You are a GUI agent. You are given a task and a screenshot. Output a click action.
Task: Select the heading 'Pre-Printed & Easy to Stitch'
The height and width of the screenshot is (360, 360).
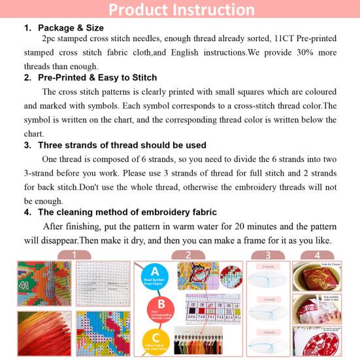(97, 78)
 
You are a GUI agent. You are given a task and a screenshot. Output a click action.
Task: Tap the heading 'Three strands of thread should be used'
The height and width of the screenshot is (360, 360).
(122, 145)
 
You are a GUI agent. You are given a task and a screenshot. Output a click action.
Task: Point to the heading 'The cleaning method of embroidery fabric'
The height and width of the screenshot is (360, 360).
(127, 212)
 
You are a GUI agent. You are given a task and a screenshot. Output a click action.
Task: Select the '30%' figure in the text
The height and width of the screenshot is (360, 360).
(293, 53)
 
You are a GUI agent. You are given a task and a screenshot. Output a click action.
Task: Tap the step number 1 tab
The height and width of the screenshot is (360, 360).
(74, 255)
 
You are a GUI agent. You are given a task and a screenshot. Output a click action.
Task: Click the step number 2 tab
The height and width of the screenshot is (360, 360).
(188, 255)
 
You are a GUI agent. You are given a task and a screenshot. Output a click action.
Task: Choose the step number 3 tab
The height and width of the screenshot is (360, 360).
(268, 255)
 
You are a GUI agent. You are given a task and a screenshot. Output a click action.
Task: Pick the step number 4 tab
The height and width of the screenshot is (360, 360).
(318, 255)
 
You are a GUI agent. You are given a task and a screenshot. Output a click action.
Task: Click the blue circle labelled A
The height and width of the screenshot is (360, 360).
(155, 274)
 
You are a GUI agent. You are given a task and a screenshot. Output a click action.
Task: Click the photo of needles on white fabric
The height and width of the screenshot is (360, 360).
(103, 286)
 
